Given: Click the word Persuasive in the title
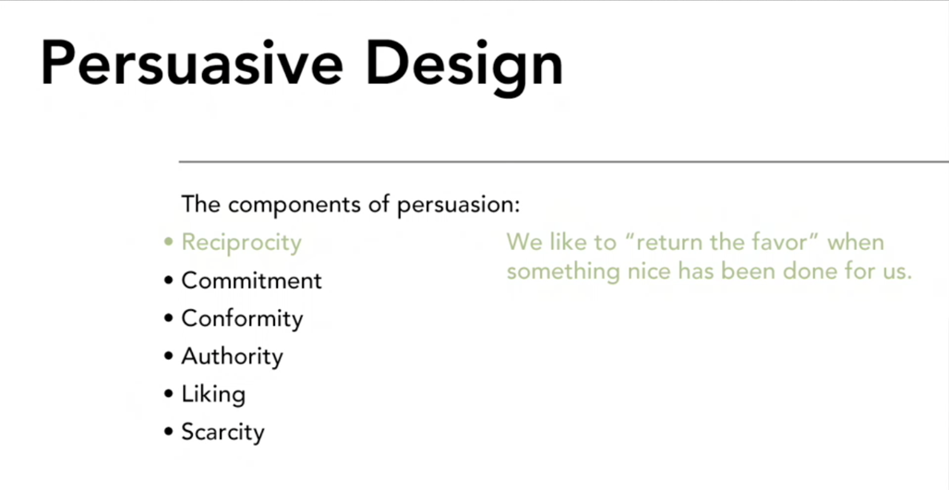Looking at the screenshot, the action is click(192, 63).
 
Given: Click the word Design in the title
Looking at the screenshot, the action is click(465, 67).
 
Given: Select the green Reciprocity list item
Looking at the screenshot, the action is click(241, 244).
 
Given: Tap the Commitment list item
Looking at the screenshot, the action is click(251, 281).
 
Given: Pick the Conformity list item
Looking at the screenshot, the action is click(242, 318).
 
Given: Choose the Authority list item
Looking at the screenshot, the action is click(232, 357).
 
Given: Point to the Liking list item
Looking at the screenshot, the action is click(213, 395).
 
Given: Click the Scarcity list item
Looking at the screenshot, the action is click(222, 433).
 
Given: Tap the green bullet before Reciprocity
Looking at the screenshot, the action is click(168, 243).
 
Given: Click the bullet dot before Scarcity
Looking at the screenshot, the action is click(168, 432).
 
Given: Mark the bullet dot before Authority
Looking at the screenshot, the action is click(168, 356).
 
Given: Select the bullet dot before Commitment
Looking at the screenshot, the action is click(168, 281).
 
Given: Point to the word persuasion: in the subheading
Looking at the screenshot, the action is click(458, 206).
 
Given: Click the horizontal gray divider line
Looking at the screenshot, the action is click(563, 162).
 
